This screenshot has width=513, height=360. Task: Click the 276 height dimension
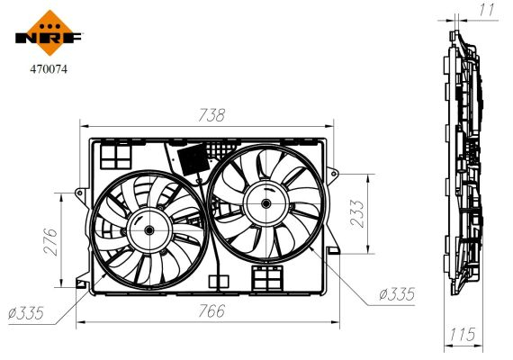pos(50,239)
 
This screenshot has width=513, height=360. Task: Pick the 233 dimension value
pos(359,215)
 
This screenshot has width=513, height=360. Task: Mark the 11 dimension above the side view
pos(487,10)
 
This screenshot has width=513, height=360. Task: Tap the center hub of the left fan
pos(147,230)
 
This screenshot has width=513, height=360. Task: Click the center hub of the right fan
pos(266,204)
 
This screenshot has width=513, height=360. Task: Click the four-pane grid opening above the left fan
pos(116,157)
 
